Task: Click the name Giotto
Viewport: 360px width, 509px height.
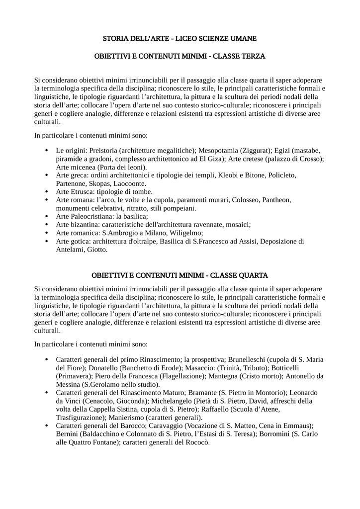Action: point(97,250)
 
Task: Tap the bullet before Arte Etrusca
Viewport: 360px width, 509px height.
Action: point(46,191)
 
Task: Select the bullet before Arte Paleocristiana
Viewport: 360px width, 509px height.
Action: point(46,216)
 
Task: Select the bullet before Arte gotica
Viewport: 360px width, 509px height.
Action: point(46,241)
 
